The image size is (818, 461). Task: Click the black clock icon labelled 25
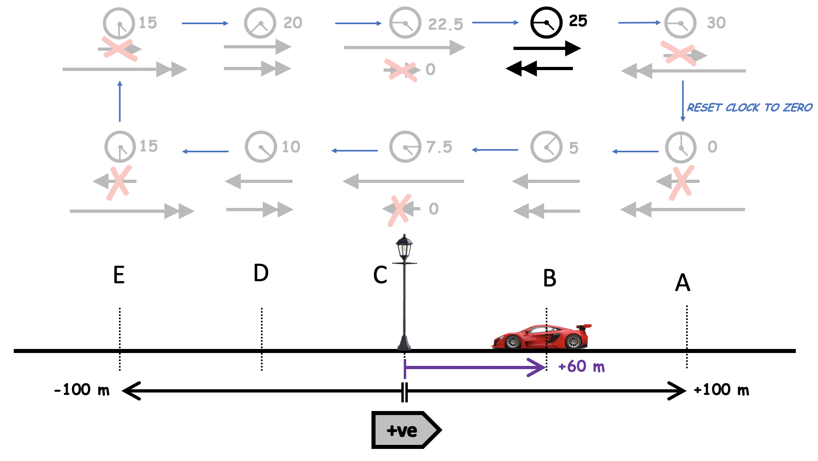pyautogui.click(x=546, y=23)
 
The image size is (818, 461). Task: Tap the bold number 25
pyautogui.click(x=578, y=21)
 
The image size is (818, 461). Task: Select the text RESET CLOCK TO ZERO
pyautogui.click(x=749, y=108)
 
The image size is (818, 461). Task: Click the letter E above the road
pyautogui.click(x=119, y=275)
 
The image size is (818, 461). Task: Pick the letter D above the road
pyautogui.click(x=261, y=273)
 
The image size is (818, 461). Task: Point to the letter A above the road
pyautogui.click(x=682, y=282)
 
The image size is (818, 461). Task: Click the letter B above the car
pyautogui.click(x=549, y=278)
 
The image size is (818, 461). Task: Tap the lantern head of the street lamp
pyautogui.click(x=404, y=247)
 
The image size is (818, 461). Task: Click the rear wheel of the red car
pyautogui.click(x=573, y=342)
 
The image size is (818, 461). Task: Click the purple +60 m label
pyautogui.click(x=581, y=367)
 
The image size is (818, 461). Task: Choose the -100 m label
pyautogui.click(x=82, y=390)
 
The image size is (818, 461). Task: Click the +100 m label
pyautogui.click(x=721, y=390)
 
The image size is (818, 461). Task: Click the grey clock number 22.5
pyautogui.click(x=445, y=25)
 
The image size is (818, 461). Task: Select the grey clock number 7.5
pyautogui.click(x=439, y=147)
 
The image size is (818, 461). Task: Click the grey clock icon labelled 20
pyautogui.click(x=260, y=23)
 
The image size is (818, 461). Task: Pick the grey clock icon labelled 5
pyautogui.click(x=546, y=147)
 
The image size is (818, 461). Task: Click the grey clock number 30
pyautogui.click(x=716, y=23)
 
